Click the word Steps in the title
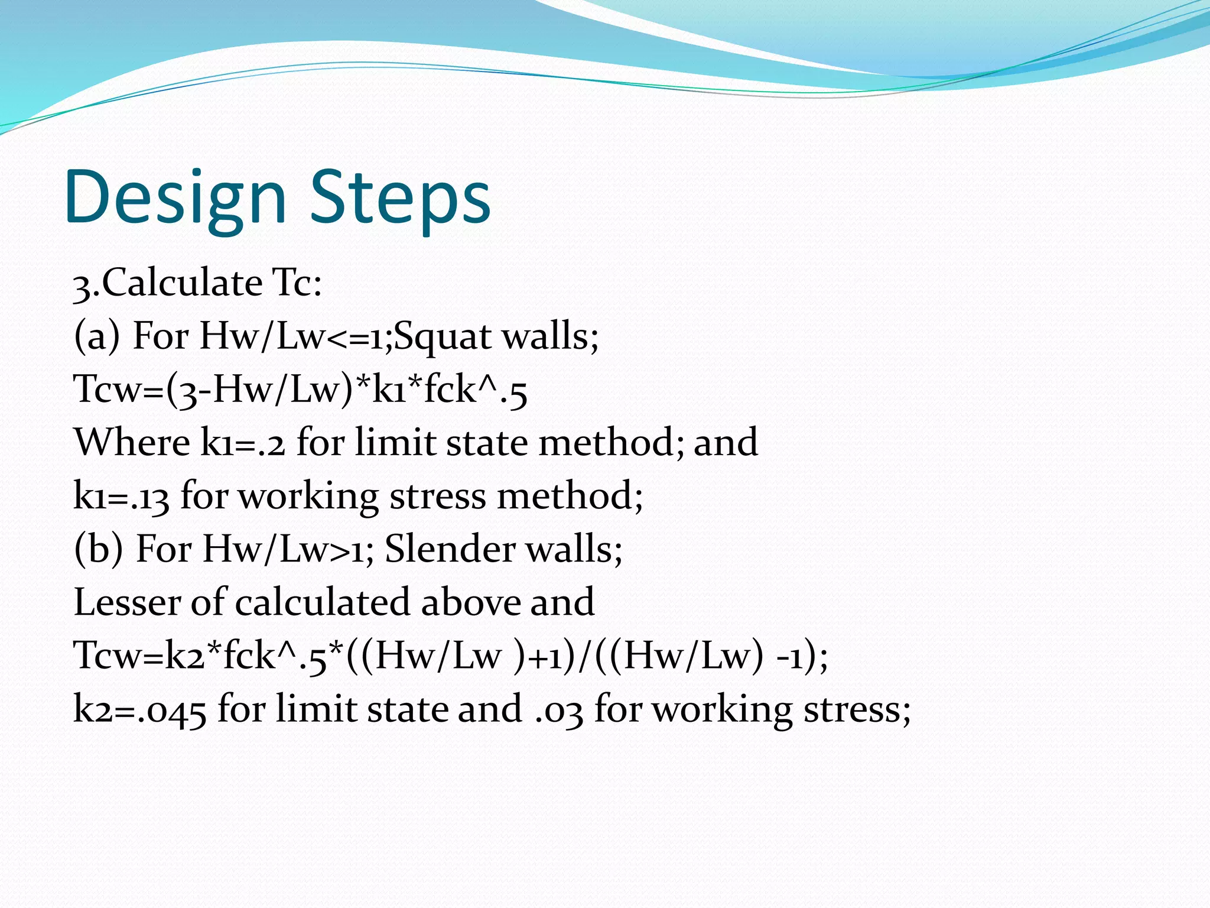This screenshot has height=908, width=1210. pos(400,198)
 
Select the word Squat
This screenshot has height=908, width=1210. pos(443,336)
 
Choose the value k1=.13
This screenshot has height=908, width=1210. pos(121,497)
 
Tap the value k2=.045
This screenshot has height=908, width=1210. pos(139,709)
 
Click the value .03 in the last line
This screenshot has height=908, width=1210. pos(558,709)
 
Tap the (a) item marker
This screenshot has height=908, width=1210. pos(97,336)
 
